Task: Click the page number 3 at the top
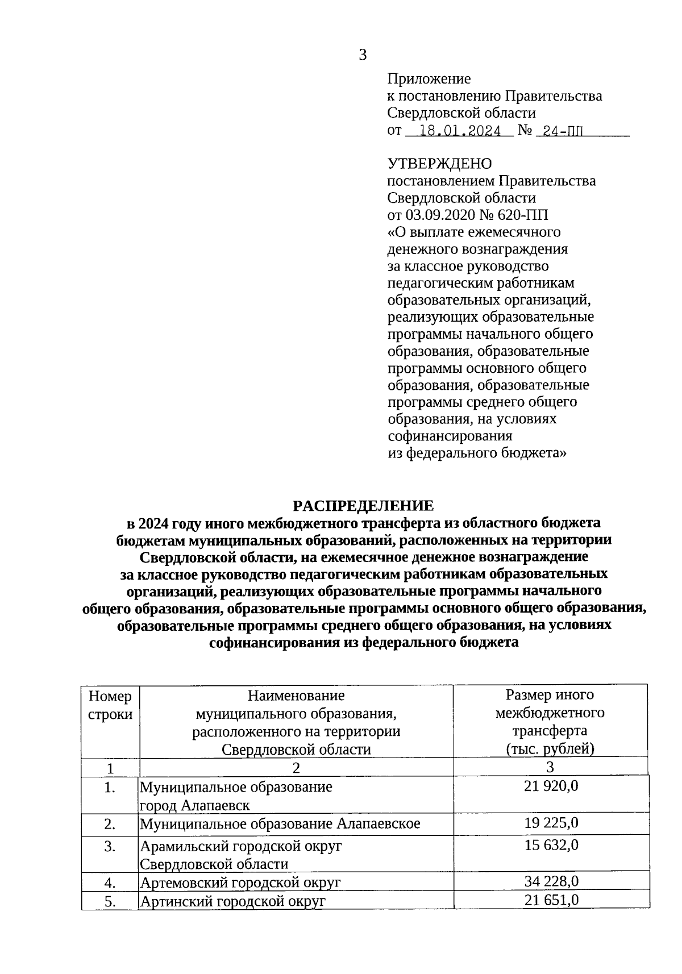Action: pyautogui.click(x=363, y=55)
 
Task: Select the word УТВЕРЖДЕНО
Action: pyautogui.click(x=439, y=164)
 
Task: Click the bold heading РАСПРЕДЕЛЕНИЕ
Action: pyautogui.click(x=363, y=506)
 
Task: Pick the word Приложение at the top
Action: pyautogui.click(x=429, y=79)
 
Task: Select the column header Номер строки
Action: pyautogui.click(x=110, y=705)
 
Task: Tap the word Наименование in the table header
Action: pyautogui.click(x=296, y=696)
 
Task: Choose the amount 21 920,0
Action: pyautogui.click(x=551, y=786)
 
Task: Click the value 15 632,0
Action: pyautogui.click(x=551, y=845)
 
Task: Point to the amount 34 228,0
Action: pyautogui.click(x=551, y=881)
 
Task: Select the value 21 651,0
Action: pyautogui.click(x=551, y=900)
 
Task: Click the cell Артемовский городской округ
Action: pyautogui.click(x=240, y=883)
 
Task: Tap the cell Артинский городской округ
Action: pyautogui.click(x=232, y=901)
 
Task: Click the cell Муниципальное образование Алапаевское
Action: pyautogui.click(x=280, y=824)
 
